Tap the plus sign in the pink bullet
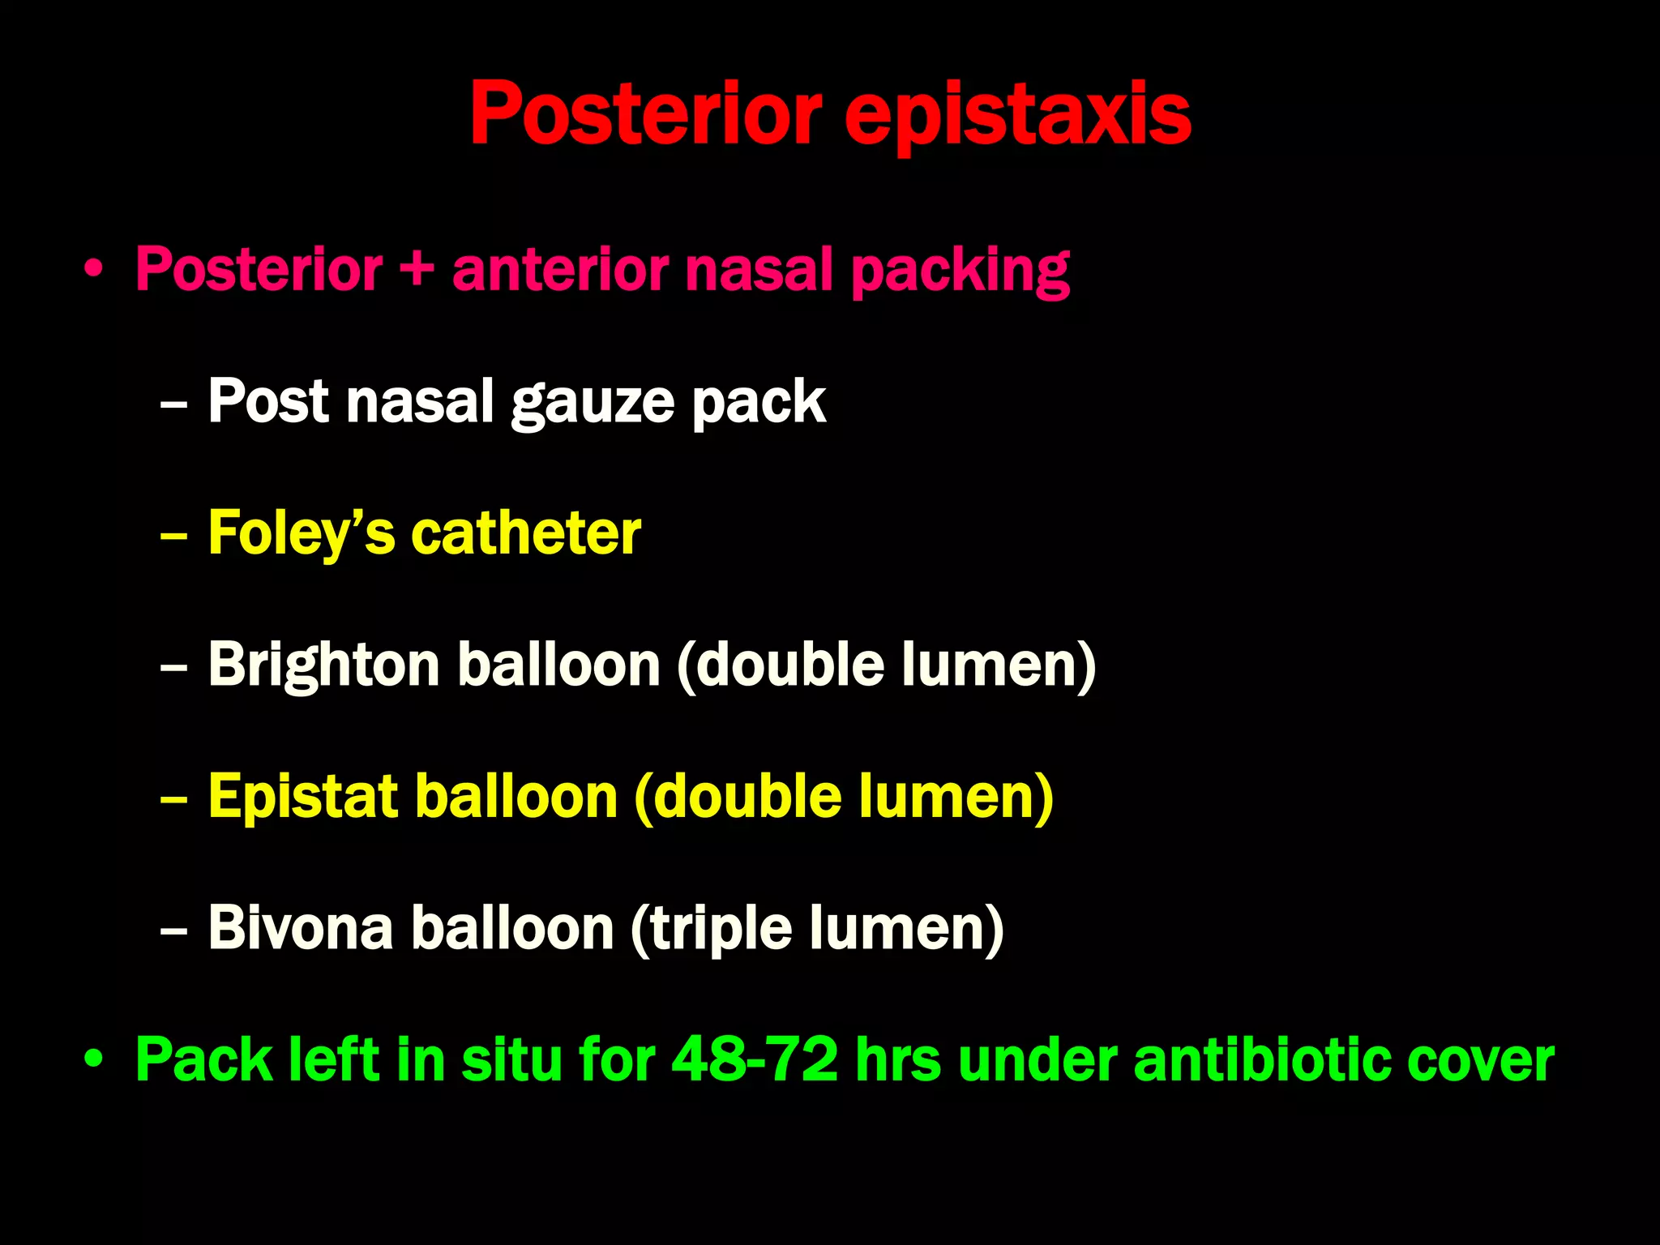[x=417, y=270]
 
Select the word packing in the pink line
[x=960, y=272]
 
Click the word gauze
[x=593, y=403]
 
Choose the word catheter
[x=526, y=534]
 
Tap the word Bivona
[x=301, y=928]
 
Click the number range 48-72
[x=755, y=1059]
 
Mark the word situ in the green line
[x=511, y=1059]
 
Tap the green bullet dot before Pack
[x=94, y=1059]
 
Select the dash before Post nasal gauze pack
[x=173, y=403]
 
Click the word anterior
[x=560, y=270]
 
